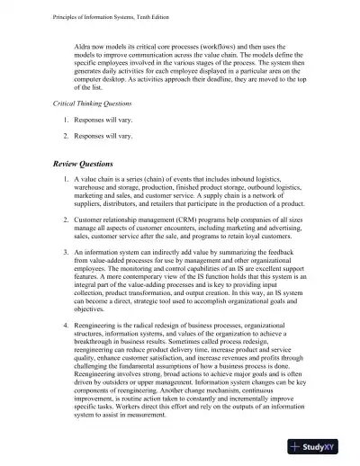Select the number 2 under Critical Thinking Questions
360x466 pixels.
[x=66, y=136]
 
